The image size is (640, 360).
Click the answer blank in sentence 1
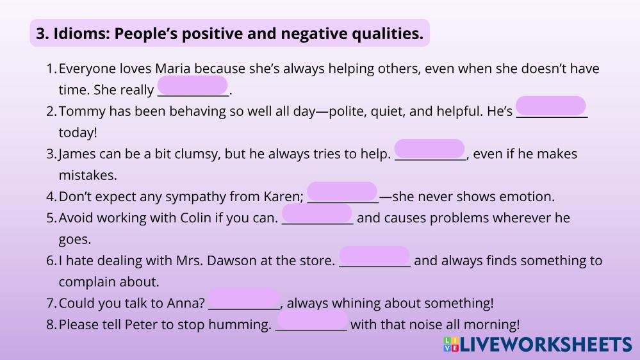coord(192,85)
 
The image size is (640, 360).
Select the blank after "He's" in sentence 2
coord(551,106)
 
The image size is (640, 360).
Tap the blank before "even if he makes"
coord(429,149)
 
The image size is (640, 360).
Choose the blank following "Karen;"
coord(342,192)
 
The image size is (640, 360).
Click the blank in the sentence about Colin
coord(316,213)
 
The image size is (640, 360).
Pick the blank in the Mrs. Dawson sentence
coord(374,256)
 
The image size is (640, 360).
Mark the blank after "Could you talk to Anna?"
coord(243,299)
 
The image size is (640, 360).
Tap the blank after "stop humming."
coord(312,320)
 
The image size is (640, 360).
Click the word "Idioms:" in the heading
coord(81,33)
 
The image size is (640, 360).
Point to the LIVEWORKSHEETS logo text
coord(546,345)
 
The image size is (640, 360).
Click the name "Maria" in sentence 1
coord(173,69)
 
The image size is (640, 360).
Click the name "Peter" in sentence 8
coord(141,325)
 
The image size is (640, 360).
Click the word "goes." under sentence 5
coord(75,240)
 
